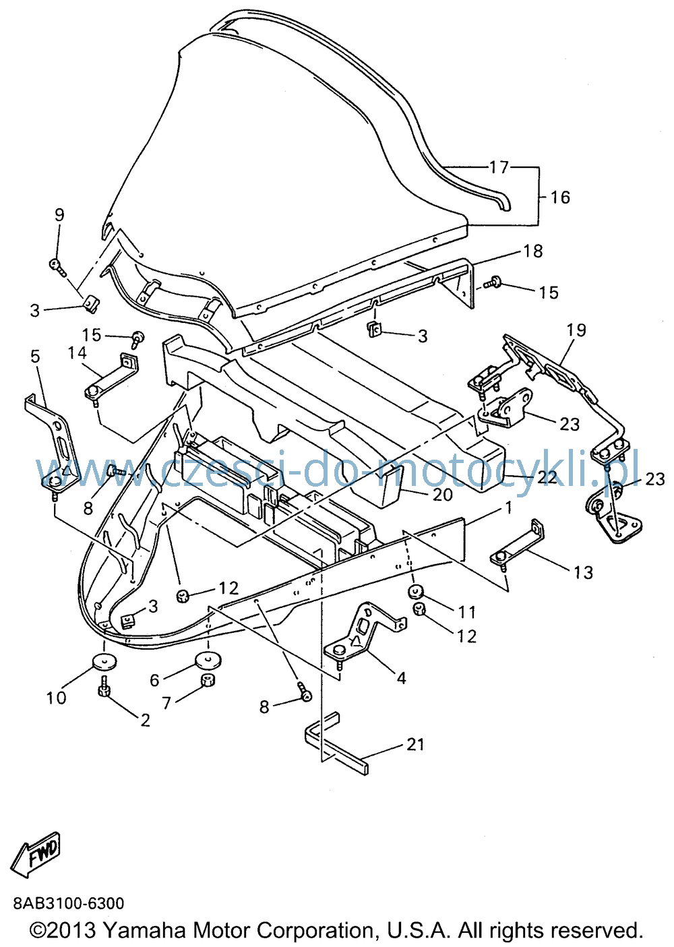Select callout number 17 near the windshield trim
(x=499, y=167)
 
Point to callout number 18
(x=532, y=251)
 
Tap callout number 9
(x=59, y=215)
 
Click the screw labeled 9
(x=57, y=267)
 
